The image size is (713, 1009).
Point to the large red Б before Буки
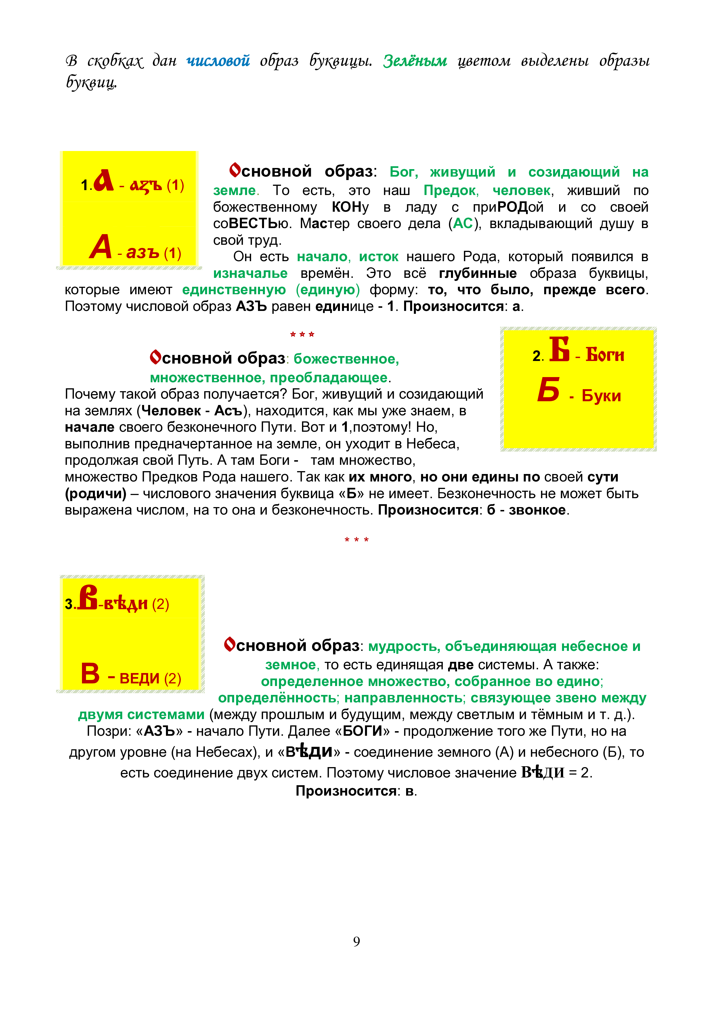pyautogui.click(x=549, y=390)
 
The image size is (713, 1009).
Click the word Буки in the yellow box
pyautogui.click(x=601, y=395)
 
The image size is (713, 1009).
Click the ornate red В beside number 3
pyautogui.click(x=88, y=597)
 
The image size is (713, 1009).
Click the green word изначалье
pyautogui.click(x=251, y=273)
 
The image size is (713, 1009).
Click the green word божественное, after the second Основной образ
pyautogui.click(x=346, y=359)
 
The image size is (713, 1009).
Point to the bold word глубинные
pyautogui.click(x=477, y=273)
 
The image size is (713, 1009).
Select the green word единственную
pyautogui.click(x=234, y=290)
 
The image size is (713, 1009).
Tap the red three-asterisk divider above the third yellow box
pyautogui.click(x=356, y=540)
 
